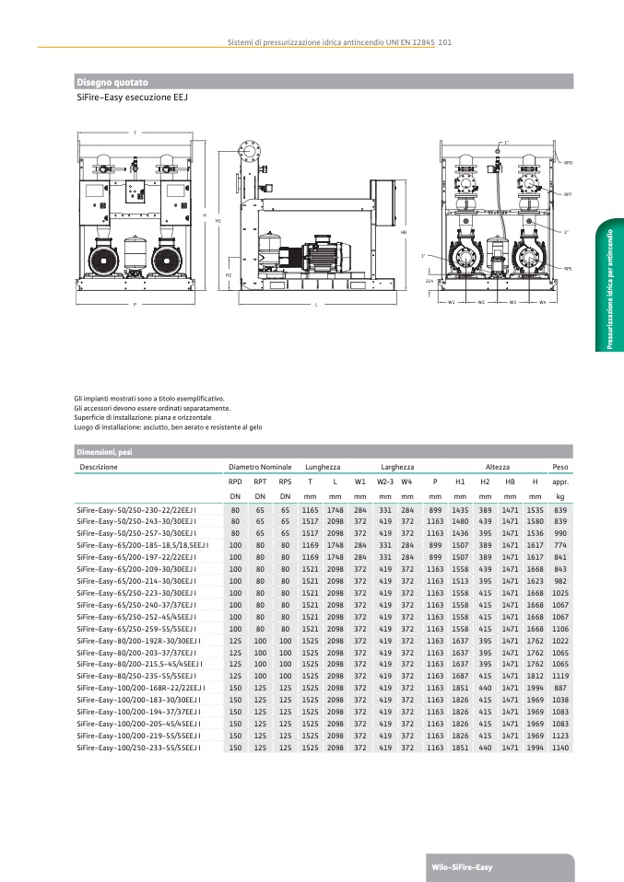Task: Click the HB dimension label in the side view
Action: click(403, 233)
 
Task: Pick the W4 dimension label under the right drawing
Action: click(543, 302)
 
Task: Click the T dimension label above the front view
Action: click(135, 133)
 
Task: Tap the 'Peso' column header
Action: click(559, 468)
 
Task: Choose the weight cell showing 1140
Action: click(559, 749)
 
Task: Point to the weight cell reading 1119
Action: click(559, 675)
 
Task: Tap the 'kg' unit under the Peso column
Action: click(559, 496)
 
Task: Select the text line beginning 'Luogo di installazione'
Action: click(169, 427)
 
